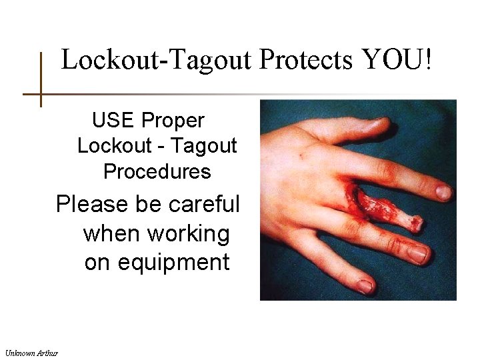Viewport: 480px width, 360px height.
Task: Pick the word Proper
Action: click(173, 121)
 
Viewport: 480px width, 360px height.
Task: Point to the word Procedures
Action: click(157, 171)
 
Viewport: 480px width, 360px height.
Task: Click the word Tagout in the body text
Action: click(206, 145)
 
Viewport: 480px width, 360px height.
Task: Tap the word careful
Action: click(204, 204)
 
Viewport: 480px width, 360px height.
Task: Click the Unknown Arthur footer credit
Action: click(31, 352)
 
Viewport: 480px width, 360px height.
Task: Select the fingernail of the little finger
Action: click(364, 286)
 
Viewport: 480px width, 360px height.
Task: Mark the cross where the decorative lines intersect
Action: click(41, 94)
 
